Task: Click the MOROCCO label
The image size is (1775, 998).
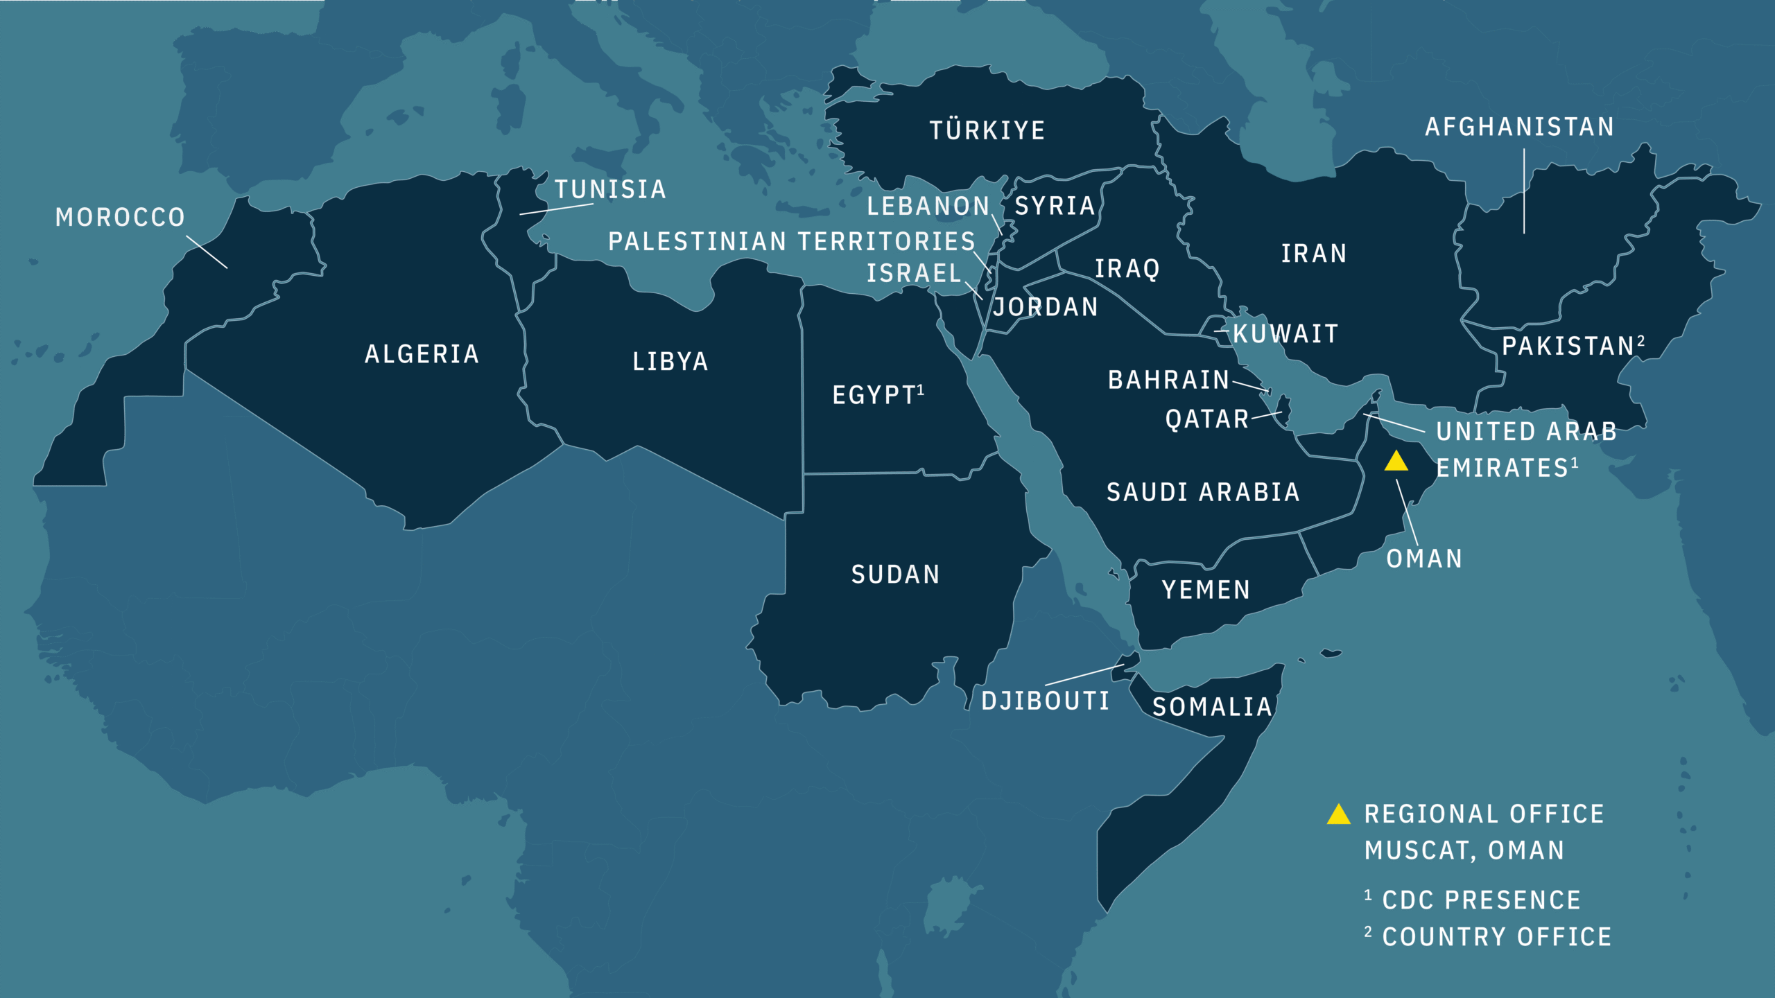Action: point(120,218)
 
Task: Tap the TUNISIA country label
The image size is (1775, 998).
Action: point(610,189)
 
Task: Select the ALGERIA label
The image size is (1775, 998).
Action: point(422,354)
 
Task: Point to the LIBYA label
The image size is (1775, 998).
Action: point(670,362)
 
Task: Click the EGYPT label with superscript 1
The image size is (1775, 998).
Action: point(875,395)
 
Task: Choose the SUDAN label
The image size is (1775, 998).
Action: point(895,575)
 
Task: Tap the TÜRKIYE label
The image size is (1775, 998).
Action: point(987,130)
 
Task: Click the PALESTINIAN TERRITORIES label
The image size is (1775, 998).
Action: point(791,241)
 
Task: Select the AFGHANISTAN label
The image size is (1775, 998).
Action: point(1519,127)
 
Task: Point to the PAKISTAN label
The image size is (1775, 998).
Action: point(1568,346)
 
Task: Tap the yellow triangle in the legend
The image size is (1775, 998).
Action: point(1338,815)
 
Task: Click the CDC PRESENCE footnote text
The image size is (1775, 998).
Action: point(1481,900)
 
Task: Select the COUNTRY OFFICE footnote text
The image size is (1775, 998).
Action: point(1496,937)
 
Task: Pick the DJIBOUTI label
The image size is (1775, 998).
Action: point(1045,701)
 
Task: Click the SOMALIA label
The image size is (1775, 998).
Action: point(1212,707)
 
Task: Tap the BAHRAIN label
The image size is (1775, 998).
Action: point(1168,380)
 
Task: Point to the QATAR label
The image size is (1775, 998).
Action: point(1206,419)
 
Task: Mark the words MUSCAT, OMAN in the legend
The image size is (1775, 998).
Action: point(1464,850)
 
